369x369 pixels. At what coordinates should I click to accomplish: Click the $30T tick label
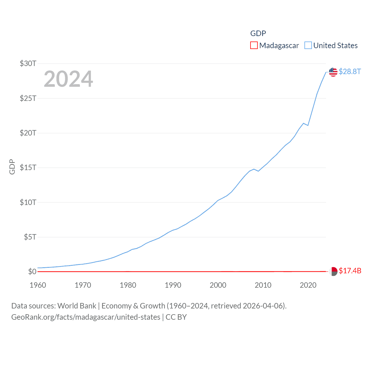point(28,63)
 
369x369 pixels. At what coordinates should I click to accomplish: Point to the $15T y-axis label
point(28,167)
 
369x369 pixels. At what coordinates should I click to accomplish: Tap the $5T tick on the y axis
point(30,237)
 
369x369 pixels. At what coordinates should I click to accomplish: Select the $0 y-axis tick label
point(32,272)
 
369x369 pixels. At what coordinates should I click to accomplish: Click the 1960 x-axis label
point(38,285)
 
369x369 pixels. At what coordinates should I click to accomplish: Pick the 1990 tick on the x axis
point(173,285)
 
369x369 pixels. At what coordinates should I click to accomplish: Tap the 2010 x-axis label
point(263,285)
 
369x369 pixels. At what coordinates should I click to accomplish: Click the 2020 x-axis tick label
point(308,285)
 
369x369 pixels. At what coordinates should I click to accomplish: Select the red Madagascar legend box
point(254,46)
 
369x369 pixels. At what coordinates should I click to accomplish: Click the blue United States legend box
point(308,46)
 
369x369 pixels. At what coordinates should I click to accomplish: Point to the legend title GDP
point(258,33)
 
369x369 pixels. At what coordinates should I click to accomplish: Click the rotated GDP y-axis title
point(12,167)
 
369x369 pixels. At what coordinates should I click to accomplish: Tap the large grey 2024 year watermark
point(68,79)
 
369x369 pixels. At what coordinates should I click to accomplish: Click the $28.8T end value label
point(350,71)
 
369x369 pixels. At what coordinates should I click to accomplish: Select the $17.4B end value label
point(350,271)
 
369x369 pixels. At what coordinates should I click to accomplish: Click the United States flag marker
point(333,72)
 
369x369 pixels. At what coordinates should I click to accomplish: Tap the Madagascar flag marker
point(333,271)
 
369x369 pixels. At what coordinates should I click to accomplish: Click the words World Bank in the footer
point(77,306)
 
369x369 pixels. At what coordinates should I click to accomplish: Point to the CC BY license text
point(176,317)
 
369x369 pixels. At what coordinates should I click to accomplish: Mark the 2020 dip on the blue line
point(308,125)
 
